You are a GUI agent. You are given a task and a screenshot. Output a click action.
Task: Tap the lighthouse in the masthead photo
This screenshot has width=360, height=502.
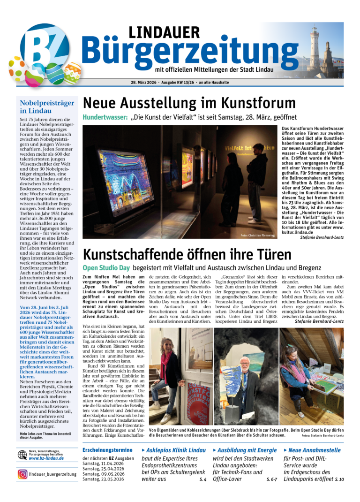[314, 47]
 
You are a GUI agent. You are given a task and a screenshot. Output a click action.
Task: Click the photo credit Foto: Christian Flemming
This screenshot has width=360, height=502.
[257, 235]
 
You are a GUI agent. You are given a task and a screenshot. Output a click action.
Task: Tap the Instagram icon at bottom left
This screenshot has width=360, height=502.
[22, 474]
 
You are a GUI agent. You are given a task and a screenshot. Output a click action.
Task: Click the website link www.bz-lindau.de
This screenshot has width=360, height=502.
[46, 458]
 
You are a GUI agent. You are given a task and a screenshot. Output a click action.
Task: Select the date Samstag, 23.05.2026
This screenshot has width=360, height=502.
[103, 479]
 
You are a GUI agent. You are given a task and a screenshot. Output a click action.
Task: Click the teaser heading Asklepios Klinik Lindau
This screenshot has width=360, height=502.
[176, 450]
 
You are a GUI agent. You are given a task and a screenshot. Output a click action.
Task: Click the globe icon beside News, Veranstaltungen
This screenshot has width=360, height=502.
[22, 455]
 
